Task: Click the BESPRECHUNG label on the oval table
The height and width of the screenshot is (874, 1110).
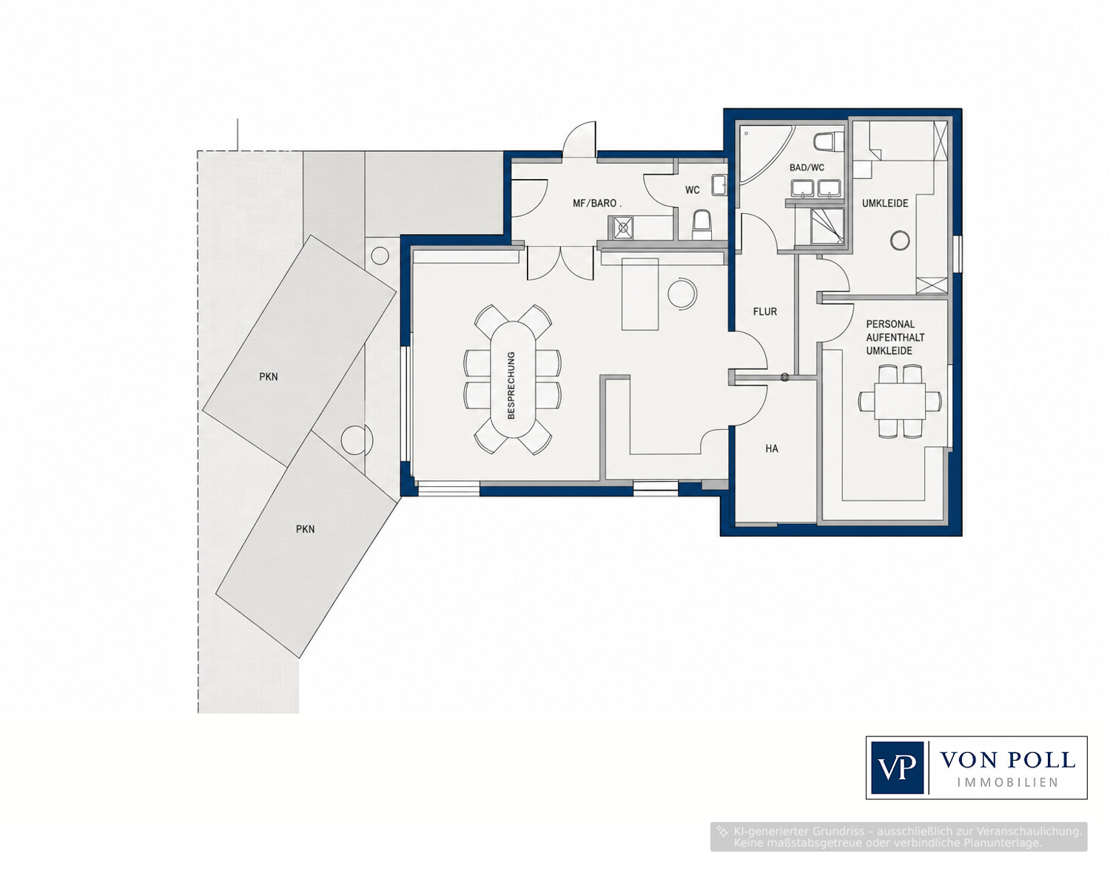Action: (511, 385)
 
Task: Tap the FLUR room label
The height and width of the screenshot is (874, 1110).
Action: (764, 312)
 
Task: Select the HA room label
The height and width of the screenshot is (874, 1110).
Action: (772, 448)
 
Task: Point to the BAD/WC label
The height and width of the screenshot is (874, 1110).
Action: (807, 168)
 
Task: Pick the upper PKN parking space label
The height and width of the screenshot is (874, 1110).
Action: (268, 377)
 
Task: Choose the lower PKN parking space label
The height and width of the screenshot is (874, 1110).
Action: (306, 529)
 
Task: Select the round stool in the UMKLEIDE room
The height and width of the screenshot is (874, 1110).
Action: (900, 240)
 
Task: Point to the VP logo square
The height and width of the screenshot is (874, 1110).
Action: (897, 767)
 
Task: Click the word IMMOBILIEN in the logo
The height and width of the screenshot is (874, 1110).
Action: (1007, 783)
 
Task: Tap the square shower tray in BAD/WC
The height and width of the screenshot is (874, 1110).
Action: (828, 226)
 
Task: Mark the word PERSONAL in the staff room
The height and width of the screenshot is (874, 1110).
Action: (890, 324)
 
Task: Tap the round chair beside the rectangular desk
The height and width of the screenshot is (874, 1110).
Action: (682, 294)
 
